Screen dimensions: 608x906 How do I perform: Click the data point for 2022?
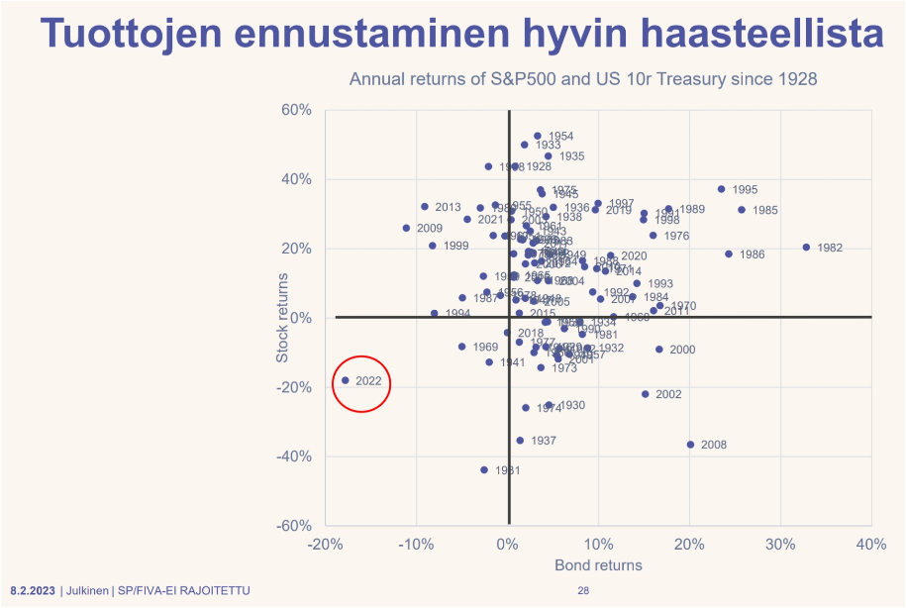click(346, 380)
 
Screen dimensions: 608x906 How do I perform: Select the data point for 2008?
click(690, 445)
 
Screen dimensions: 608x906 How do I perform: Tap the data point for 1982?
click(806, 248)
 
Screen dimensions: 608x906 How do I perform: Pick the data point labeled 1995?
click(721, 189)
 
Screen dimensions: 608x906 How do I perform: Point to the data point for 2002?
click(645, 394)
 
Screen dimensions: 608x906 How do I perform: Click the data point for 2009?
click(406, 228)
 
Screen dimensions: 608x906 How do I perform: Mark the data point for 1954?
click(538, 136)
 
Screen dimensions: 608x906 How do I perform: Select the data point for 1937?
click(520, 441)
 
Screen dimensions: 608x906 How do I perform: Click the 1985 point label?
click(764, 210)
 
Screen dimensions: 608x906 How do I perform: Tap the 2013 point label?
click(448, 207)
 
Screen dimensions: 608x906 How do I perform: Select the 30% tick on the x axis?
click(780, 544)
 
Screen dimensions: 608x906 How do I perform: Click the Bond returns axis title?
click(598, 565)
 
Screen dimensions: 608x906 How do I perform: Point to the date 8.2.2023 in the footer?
click(33, 591)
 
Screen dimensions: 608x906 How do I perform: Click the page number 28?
click(583, 591)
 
